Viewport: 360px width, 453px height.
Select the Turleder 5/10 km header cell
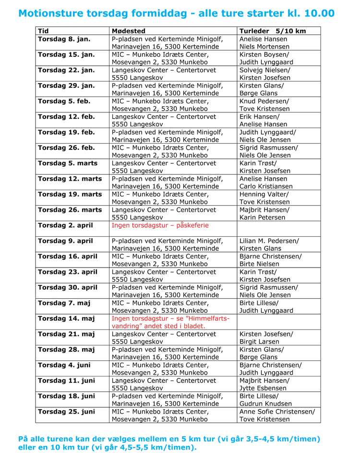pos(272,31)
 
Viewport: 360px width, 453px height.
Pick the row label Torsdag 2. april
pos(65,225)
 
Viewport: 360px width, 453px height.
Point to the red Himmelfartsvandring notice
pos(170,322)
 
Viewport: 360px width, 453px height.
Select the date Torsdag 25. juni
pos(66,411)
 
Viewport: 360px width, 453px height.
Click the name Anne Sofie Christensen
pos(277,411)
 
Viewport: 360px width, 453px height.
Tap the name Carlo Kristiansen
pos(269,186)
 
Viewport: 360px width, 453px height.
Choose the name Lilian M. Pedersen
pos(269,241)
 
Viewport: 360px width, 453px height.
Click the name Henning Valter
pos(264,194)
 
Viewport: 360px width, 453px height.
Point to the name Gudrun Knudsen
pos(265,404)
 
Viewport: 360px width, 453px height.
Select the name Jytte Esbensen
pos(263,388)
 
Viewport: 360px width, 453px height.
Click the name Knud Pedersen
pos(264,101)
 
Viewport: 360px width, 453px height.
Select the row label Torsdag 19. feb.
pos(66,132)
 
